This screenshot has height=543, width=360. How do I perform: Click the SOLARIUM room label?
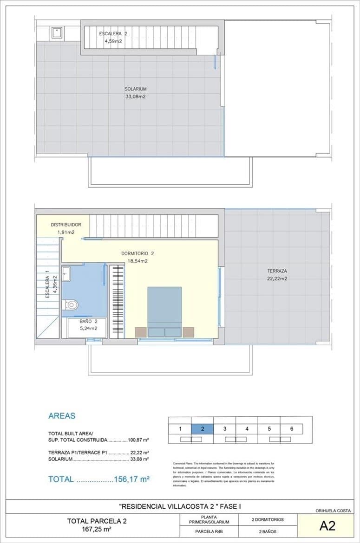pyautogui.click(x=136, y=89)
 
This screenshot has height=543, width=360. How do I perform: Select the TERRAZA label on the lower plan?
pyautogui.click(x=277, y=271)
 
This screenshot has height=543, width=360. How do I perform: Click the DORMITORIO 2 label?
pyautogui.click(x=137, y=254)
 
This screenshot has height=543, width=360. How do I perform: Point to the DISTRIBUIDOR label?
pyautogui.click(x=66, y=225)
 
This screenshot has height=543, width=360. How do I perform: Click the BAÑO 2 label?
pyautogui.click(x=88, y=321)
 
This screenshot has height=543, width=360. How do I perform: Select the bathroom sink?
pyautogui.click(x=66, y=273)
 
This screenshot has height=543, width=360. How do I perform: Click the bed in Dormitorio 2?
pyautogui.click(x=164, y=309)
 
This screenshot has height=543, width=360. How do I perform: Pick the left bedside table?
pyautogui.click(x=140, y=332)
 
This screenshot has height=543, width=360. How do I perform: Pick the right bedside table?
pyautogui.click(x=188, y=332)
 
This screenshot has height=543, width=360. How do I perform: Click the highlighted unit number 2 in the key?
pyautogui.click(x=203, y=429)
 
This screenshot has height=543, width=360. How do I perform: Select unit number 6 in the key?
pyautogui.click(x=292, y=429)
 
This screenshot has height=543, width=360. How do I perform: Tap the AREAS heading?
pyautogui.click(x=62, y=416)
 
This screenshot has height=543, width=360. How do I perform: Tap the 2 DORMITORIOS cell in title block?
pyautogui.click(x=268, y=519)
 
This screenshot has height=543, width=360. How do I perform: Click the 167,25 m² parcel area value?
pyautogui.click(x=89, y=529)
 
